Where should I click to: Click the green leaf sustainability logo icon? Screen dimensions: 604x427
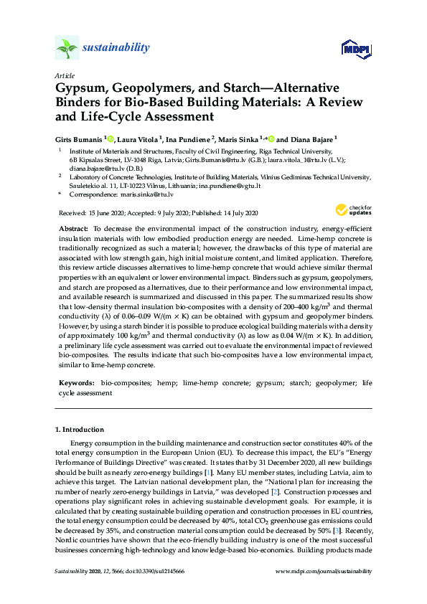pos(67,49)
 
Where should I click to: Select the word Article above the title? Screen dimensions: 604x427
pos(64,75)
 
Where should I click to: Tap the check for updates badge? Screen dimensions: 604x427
pos(349,209)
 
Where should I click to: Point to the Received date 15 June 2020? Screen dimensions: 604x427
pos(108,214)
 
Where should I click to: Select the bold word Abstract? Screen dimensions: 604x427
pos(72,227)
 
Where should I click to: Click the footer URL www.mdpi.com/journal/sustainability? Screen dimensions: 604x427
pos(324,572)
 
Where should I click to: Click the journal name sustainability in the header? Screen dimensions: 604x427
pos(118,48)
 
